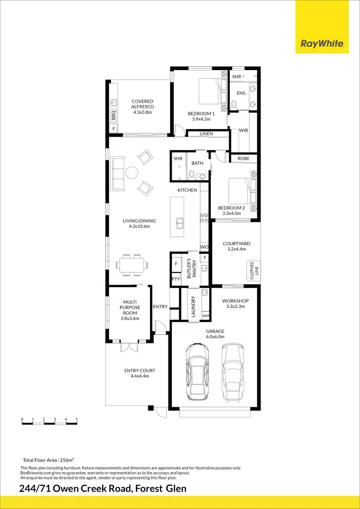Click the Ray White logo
tap(322, 44)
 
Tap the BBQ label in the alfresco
tap(114, 116)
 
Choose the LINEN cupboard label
tap(206, 134)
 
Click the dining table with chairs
tap(132, 265)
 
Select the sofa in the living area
tap(118, 173)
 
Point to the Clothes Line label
tap(252, 270)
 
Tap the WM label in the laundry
tap(205, 316)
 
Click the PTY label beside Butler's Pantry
tap(176, 279)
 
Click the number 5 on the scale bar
tap(77, 419)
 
